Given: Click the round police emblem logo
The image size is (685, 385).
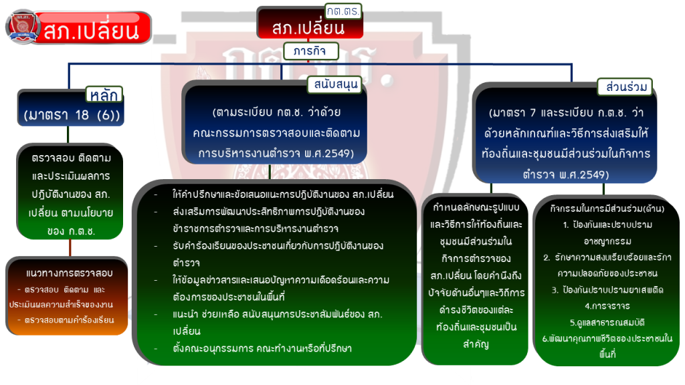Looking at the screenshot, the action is (x=23, y=27).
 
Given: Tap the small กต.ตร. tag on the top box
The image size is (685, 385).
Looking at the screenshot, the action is (x=343, y=11).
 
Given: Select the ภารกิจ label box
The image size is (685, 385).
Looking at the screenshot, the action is (x=310, y=51).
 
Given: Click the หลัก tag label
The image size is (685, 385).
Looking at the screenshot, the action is (x=104, y=94).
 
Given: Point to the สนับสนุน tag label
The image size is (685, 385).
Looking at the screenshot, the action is (x=336, y=84).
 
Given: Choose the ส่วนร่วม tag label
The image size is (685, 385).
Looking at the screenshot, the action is (x=625, y=87).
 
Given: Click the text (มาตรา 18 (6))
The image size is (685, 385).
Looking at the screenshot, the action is (x=72, y=115).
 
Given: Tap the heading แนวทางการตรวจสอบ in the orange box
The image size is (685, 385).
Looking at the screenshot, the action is (x=69, y=273).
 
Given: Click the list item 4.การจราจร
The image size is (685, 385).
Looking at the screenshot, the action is (x=607, y=306).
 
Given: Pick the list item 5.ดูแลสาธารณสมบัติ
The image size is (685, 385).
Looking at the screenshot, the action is (x=607, y=323).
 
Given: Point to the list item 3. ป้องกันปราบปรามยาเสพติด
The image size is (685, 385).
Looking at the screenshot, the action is (x=607, y=290).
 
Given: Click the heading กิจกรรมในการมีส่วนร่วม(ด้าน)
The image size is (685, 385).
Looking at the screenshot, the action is (x=607, y=209).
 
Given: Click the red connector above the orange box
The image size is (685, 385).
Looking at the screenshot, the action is (x=70, y=248).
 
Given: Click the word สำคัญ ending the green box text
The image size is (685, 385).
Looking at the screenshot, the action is (x=476, y=344).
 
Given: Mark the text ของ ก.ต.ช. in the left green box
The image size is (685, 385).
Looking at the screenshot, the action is (x=71, y=231).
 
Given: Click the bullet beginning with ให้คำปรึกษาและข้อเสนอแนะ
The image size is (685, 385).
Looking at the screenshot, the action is (x=283, y=195).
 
